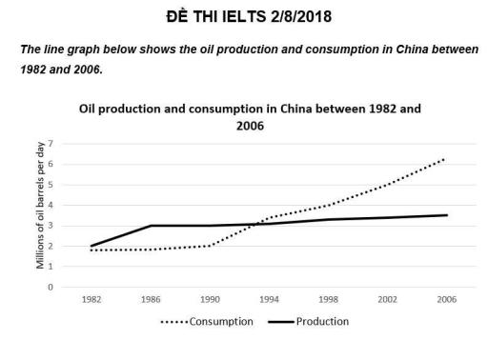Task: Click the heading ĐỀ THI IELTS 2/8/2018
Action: point(244,18)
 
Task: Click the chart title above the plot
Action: point(250,118)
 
